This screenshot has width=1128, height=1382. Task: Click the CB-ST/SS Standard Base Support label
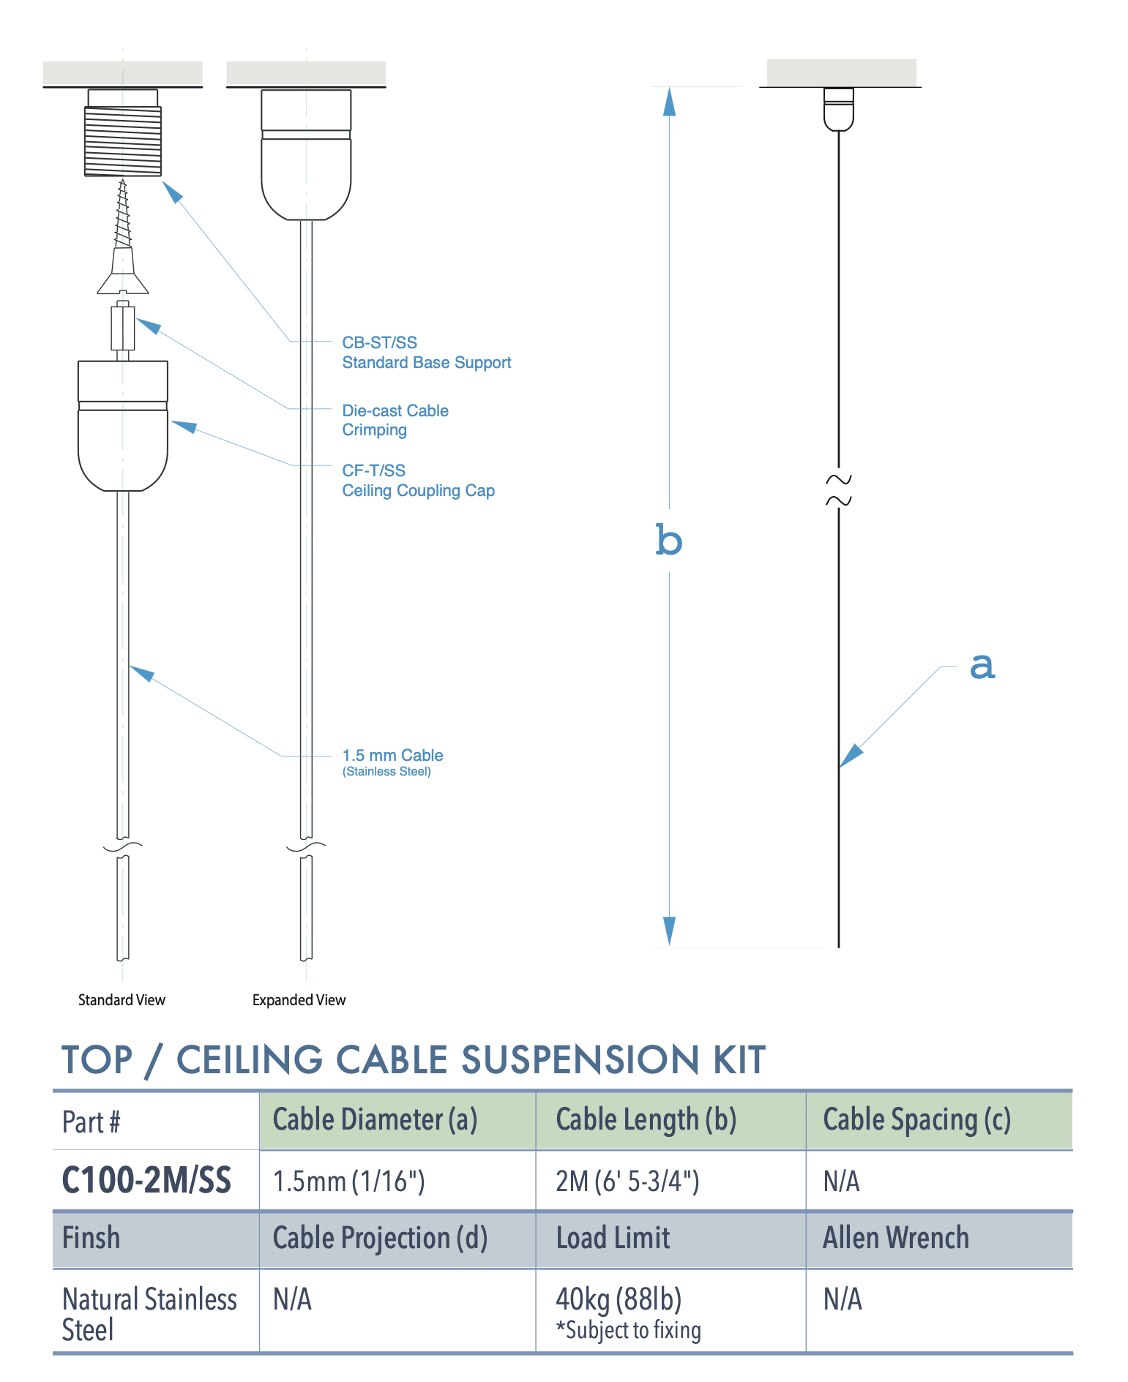pos(426,353)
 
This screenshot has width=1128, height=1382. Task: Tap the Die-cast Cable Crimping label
pos(395,420)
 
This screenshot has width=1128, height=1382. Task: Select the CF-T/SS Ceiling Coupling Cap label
pos(418,481)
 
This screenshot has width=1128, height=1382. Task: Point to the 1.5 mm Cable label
pos(392,756)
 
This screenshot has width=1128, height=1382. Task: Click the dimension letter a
pos(982,666)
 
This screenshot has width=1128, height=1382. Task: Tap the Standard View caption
pos(122,1000)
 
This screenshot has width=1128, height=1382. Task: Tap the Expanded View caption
pos(299,1000)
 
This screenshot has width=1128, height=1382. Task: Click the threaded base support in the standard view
pos(122,140)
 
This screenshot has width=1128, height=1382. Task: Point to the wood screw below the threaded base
pos(122,219)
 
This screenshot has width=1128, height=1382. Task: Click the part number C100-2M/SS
pos(146,1180)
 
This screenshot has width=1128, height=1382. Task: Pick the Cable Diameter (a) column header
pos(375,1120)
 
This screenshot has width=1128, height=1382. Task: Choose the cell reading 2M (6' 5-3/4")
pos(627,1181)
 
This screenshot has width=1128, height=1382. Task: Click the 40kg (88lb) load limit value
pos(619,1299)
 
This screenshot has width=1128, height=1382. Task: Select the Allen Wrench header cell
pos(895,1238)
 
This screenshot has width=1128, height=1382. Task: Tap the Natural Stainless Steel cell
pos(149,1314)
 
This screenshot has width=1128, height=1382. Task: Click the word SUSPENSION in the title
pos(581,1060)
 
